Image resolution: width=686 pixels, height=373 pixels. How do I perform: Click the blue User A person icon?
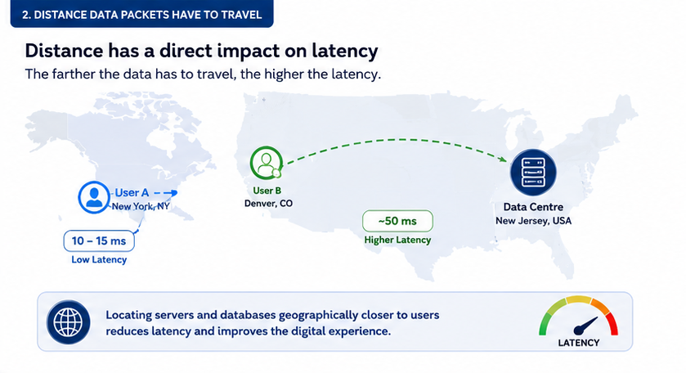tap(94, 197)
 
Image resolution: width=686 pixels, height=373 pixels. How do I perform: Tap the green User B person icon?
tap(266, 163)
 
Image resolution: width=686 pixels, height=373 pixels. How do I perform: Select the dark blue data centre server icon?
tap(533, 172)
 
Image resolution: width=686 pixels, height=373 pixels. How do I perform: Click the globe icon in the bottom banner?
tap(68, 321)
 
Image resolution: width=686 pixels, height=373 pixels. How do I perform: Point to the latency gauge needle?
tap(585, 326)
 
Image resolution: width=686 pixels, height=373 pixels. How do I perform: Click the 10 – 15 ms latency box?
tap(99, 240)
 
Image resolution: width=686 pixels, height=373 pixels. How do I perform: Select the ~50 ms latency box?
tap(397, 221)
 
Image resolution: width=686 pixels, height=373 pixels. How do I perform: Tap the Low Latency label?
tap(99, 259)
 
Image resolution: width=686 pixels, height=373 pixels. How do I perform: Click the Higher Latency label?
tap(397, 240)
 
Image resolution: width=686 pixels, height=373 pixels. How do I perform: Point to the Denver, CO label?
tap(268, 203)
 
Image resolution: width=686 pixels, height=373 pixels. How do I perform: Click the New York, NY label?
tap(141, 206)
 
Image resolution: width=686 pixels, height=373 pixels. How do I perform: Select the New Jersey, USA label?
tap(533, 221)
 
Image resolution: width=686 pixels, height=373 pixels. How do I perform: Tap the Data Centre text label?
tap(533, 207)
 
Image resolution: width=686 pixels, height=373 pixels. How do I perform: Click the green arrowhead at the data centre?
tap(502, 158)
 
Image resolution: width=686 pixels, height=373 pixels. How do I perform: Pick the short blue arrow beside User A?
tap(166, 192)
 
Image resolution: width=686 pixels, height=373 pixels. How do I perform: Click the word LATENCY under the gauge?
tap(578, 343)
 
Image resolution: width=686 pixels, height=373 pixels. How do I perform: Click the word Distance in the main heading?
tap(64, 51)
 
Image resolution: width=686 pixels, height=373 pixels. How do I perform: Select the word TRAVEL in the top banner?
tap(241, 15)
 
